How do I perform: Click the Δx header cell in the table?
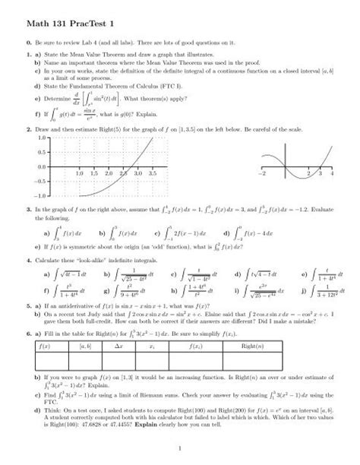coord(130,346)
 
